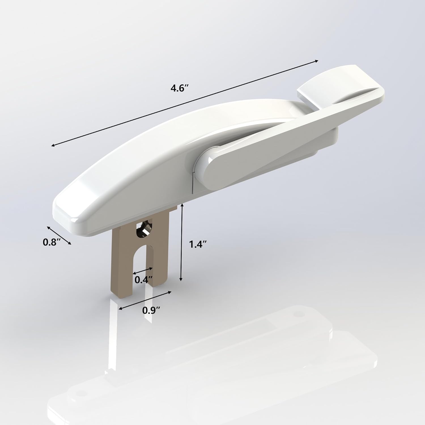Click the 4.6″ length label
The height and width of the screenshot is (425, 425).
[179, 88]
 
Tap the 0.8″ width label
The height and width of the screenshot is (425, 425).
[52, 242]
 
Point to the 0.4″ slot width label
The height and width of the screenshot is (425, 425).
[142, 280]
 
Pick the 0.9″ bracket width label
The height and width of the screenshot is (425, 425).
[150, 310]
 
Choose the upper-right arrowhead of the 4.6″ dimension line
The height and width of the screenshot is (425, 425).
[317, 61]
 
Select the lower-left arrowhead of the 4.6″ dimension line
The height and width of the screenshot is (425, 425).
[53, 146]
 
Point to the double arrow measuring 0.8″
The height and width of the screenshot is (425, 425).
[59, 235]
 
